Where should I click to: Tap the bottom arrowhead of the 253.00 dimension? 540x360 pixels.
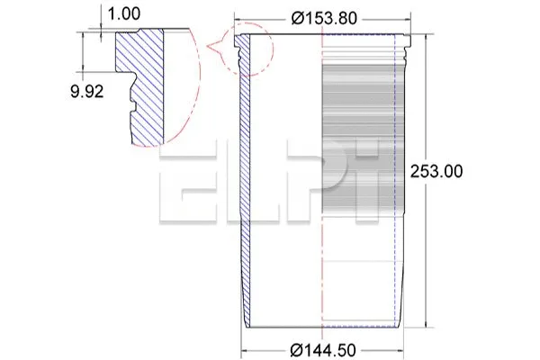pos(426,323)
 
